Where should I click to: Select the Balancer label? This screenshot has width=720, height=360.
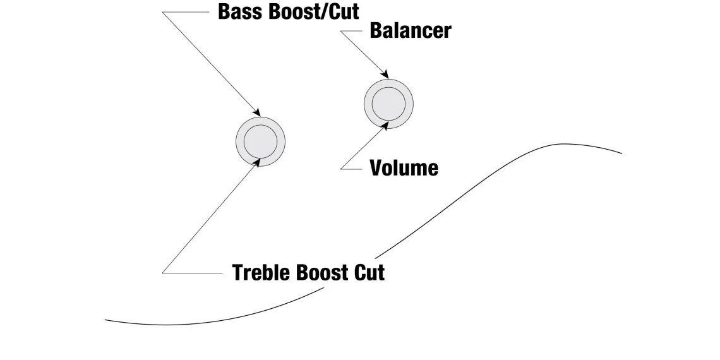pos(410,30)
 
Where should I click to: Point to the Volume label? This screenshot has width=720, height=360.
pos(404,168)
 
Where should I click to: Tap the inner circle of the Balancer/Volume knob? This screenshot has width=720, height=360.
pos(388,103)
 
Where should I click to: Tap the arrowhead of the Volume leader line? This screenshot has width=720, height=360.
pos(387,125)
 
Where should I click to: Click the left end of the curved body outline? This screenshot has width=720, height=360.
pos(105,320)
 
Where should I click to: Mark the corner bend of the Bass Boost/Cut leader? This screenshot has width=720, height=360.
pos(163,13)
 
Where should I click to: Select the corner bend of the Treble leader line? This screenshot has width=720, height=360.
pos(163,273)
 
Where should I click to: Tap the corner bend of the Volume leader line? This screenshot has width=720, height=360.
pos(341,169)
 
